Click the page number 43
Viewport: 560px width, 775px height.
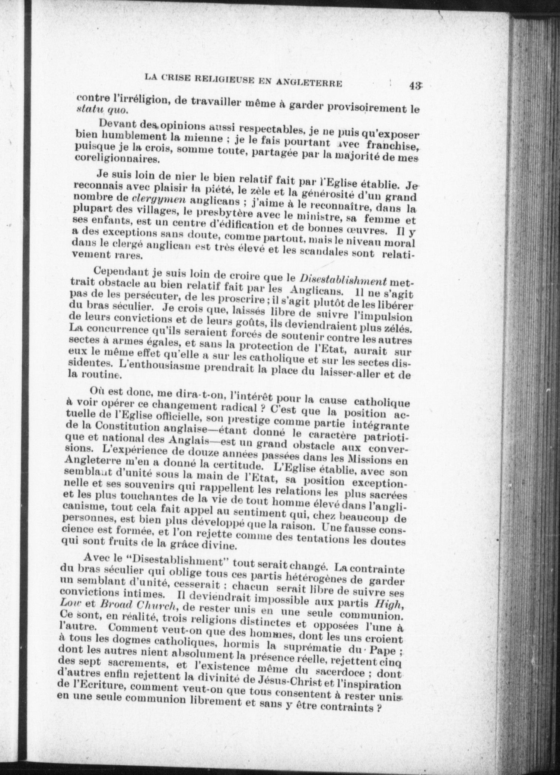point(414,85)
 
